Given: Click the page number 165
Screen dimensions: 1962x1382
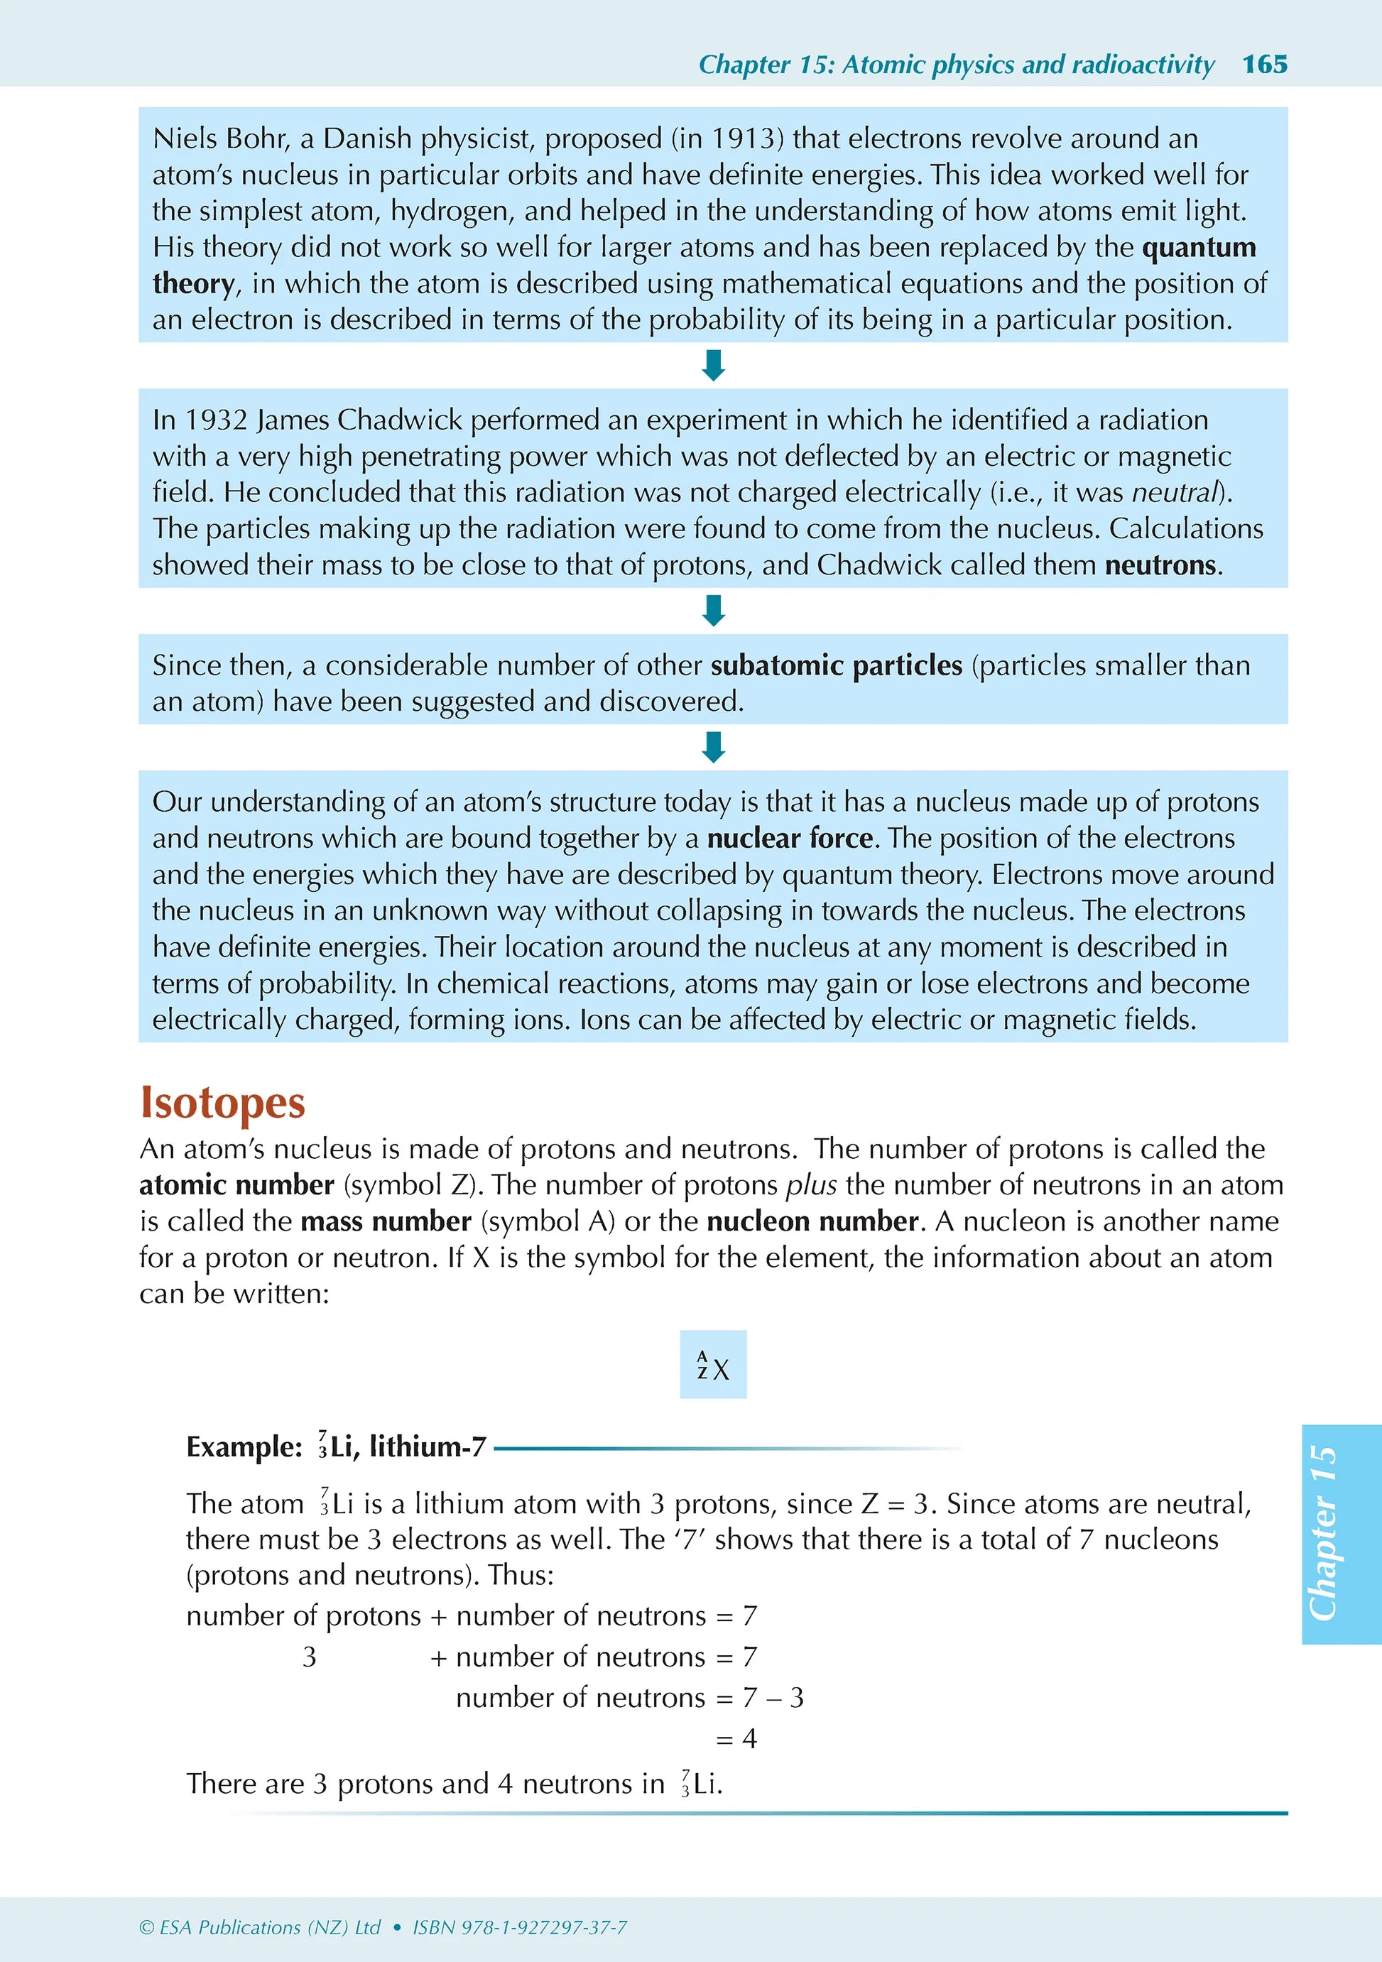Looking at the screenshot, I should pyautogui.click(x=1264, y=64).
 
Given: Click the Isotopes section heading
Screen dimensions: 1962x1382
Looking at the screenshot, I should pyautogui.click(x=222, y=1102).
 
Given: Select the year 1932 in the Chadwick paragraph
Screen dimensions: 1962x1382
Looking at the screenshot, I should pyautogui.click(x=216, y=420).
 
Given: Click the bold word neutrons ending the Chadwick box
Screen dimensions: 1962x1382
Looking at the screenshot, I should pyautogui.click(x=1160, y=565).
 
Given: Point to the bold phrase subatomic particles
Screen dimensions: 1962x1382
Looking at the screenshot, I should pyautogui.click(x=836, y=665).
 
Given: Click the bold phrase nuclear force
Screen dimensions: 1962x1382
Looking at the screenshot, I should pyautogui.click(x=790, y=839).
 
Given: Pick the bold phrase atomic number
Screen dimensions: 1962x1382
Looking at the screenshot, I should pyautogui.click(x=236, y=1185).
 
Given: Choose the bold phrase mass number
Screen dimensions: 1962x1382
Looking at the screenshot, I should pyautogui.click(x=386, y=1221).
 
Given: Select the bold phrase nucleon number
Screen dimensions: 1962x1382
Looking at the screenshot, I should pyautogui.click(x=812, y=1221).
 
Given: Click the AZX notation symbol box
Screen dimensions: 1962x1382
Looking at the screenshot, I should pyautogui.click(x=713, y=1365).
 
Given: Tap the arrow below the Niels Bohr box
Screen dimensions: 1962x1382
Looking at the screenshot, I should pyautogui.click(x=713, y=365).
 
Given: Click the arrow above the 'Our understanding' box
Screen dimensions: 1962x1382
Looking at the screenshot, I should pyautogui.click(x=713, y=747).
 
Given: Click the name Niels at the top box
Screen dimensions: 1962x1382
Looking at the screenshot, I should pyautogui.click(x=187, y=138).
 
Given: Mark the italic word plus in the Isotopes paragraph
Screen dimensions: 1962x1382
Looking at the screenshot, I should pyautogui.click(x=810, y=1185).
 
